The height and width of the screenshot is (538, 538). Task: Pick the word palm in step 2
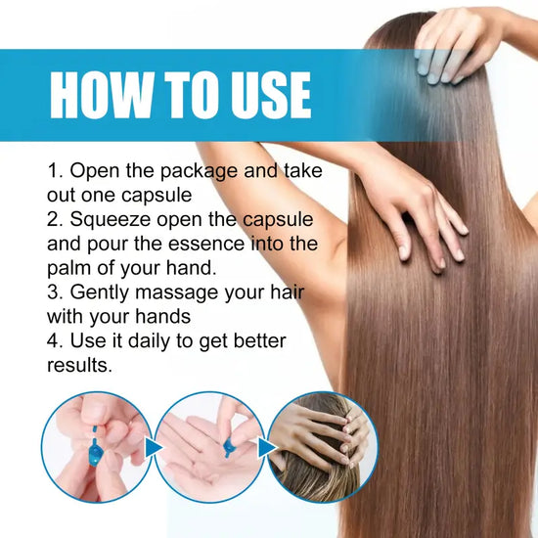[69, 266]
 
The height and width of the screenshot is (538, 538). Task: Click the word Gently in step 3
[106, 291]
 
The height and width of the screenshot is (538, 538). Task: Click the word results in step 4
[79, 365]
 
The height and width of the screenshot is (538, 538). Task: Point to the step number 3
[53, 291]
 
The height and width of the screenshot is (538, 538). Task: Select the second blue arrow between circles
[263, 448]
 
